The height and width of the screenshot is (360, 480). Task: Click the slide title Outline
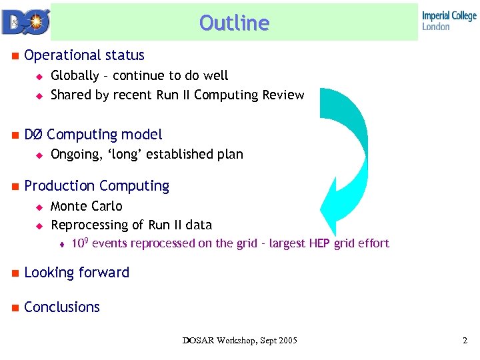(234, 23)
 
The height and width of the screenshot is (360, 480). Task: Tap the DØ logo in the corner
(25, 21)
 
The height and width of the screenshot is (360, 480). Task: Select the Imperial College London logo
(449, 21)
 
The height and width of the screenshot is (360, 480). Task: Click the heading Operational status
(84, 55)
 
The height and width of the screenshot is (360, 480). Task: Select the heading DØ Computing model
(93, 135)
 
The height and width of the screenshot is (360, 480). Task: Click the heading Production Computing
(97, 186)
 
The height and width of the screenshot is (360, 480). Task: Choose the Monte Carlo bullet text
(87, 207)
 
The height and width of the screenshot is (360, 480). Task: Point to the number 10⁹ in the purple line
(79, 243)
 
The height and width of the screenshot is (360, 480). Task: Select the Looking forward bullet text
(77, 273)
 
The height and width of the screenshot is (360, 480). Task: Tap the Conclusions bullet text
(62, 307)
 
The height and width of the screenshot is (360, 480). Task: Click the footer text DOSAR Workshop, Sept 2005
(240, 341)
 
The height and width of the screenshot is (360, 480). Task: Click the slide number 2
(465, 341)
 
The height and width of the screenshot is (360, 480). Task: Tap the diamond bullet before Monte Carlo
(39, 207)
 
